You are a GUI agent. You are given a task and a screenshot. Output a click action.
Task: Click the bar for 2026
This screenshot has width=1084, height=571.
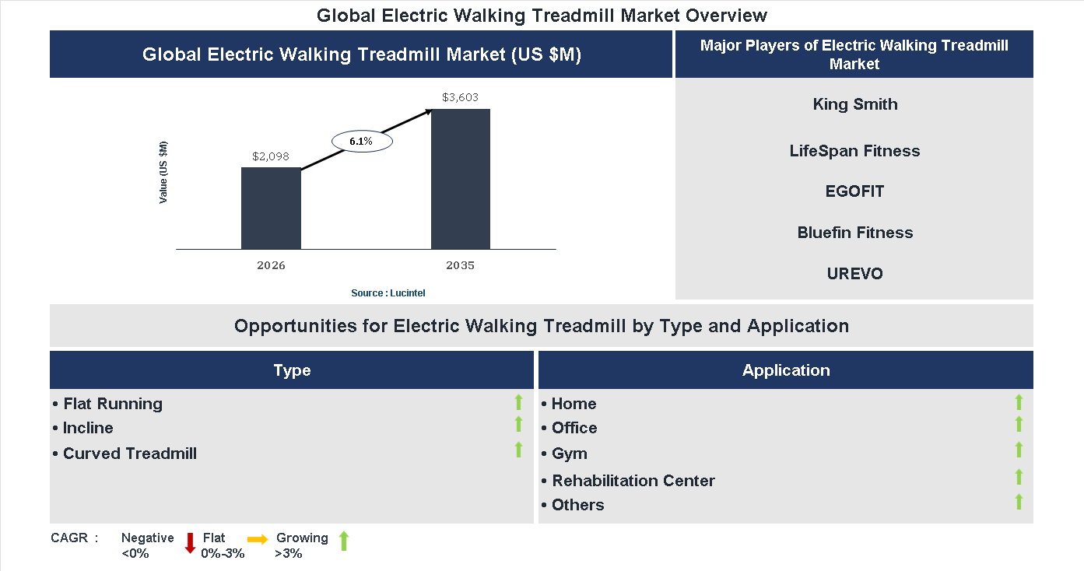coord(271,208)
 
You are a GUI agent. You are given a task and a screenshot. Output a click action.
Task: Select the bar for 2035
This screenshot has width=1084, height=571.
coord(461,179)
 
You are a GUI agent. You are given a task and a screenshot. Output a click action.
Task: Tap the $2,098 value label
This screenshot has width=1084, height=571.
coord(271,156)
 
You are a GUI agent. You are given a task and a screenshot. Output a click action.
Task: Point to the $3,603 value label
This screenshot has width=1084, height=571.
coord(460,97)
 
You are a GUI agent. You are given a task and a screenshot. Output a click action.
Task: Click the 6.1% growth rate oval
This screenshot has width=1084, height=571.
coord(361,142)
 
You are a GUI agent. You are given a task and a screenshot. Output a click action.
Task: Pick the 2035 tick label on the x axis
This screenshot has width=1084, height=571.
coord(460,265)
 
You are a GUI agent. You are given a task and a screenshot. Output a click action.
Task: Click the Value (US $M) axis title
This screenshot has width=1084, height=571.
coord(163,173)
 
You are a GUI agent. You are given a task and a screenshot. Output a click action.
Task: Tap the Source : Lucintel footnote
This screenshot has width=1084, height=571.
coord(388,293)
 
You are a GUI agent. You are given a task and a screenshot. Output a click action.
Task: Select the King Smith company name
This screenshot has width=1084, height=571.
coord(854,104)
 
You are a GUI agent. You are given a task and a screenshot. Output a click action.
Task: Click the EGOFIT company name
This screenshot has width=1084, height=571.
coord(854,191)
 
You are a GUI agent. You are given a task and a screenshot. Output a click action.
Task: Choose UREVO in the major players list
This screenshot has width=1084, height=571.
coord(854,274)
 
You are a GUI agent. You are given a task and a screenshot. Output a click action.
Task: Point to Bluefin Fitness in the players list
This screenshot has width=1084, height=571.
coord(854,233)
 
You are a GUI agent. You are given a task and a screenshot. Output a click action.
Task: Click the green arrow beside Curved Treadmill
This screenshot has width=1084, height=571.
coord(518,450)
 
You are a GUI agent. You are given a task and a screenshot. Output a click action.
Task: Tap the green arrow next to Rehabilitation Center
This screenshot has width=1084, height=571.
coord(1019,477)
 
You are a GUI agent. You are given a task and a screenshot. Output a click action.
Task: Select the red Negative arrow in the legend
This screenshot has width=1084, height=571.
coord(190,542)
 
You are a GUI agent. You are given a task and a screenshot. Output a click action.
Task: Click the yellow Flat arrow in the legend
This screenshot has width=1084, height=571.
coord(258,538)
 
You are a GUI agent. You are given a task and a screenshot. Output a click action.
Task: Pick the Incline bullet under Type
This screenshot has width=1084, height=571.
coord(88,428)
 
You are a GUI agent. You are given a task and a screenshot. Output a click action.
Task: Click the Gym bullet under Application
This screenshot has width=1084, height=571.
coord(569,454)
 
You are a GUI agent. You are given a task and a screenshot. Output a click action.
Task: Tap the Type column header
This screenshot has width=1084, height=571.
coord(292,370)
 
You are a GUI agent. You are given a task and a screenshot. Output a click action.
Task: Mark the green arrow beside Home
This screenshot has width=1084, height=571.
coord(1019,402)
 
